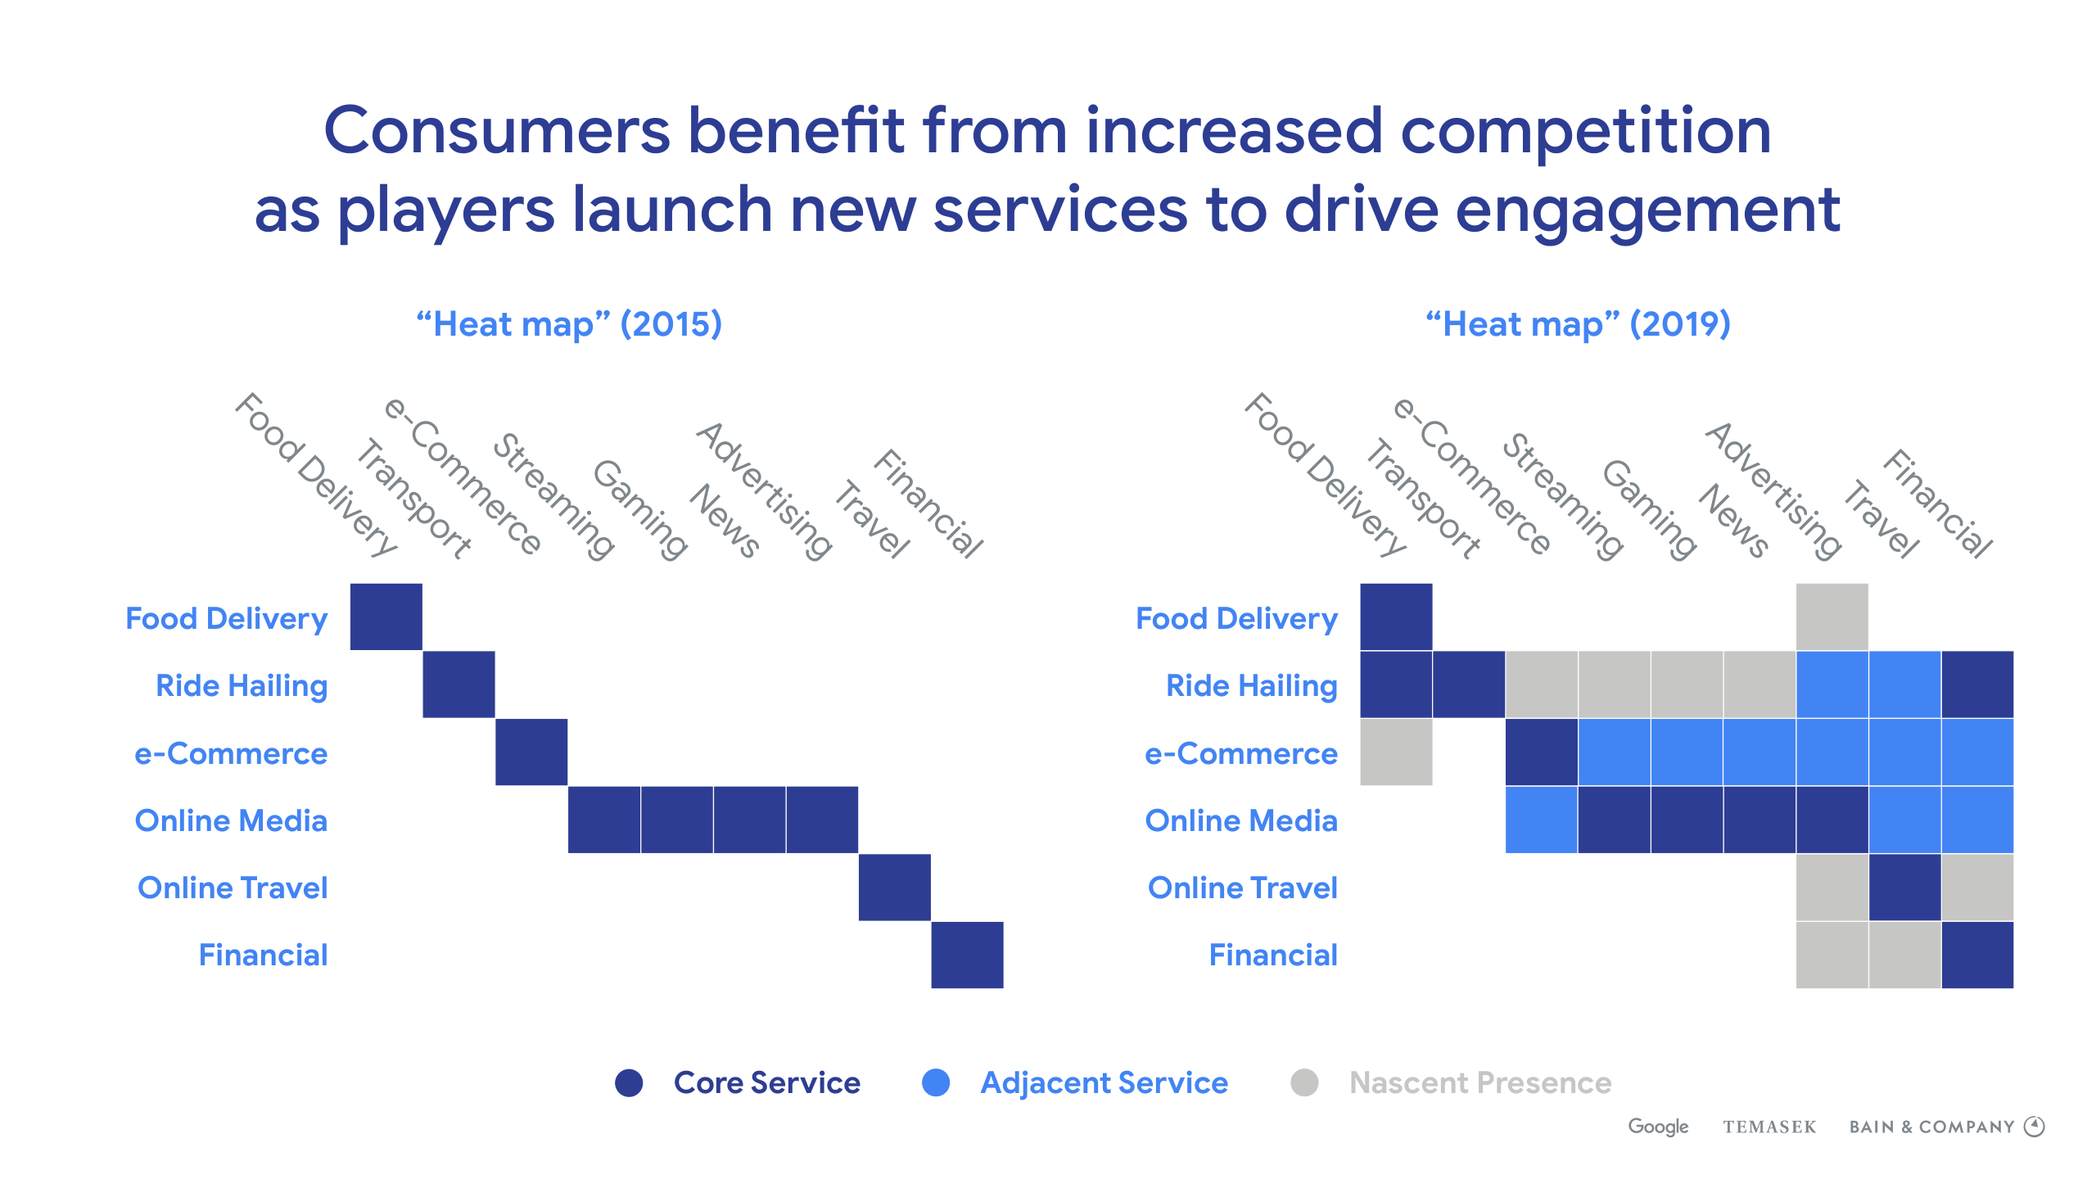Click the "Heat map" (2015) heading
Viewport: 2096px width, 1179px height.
(x=569, y=324)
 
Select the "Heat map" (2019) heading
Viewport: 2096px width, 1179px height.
(x=1578, y=324)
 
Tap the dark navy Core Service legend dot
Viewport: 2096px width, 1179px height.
(x=629, y=1082)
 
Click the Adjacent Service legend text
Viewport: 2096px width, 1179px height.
(x=1104, y=1082)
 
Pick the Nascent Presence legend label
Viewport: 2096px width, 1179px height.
(x=1479, y=1082)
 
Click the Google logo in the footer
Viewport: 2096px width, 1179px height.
(x=1658, y=1127)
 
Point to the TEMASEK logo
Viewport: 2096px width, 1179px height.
(x=1769, y=1127)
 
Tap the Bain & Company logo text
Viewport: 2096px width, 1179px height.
(x=1931, y=1127)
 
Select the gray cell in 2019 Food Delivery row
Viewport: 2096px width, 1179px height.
(x=1832, y=617)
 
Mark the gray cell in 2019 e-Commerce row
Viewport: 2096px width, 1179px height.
(x=1396, y=752)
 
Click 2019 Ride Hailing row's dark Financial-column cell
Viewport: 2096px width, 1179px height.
(x=1977, y=684)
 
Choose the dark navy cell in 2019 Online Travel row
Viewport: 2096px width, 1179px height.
(x=1904, y=888)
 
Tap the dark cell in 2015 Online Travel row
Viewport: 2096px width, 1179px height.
(x=895, y=888)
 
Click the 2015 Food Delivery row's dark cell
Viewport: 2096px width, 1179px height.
(x=386, y=617)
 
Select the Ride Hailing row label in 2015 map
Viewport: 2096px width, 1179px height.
(x=242, y=685)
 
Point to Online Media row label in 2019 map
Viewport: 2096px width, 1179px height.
(x=1241, y=820)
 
